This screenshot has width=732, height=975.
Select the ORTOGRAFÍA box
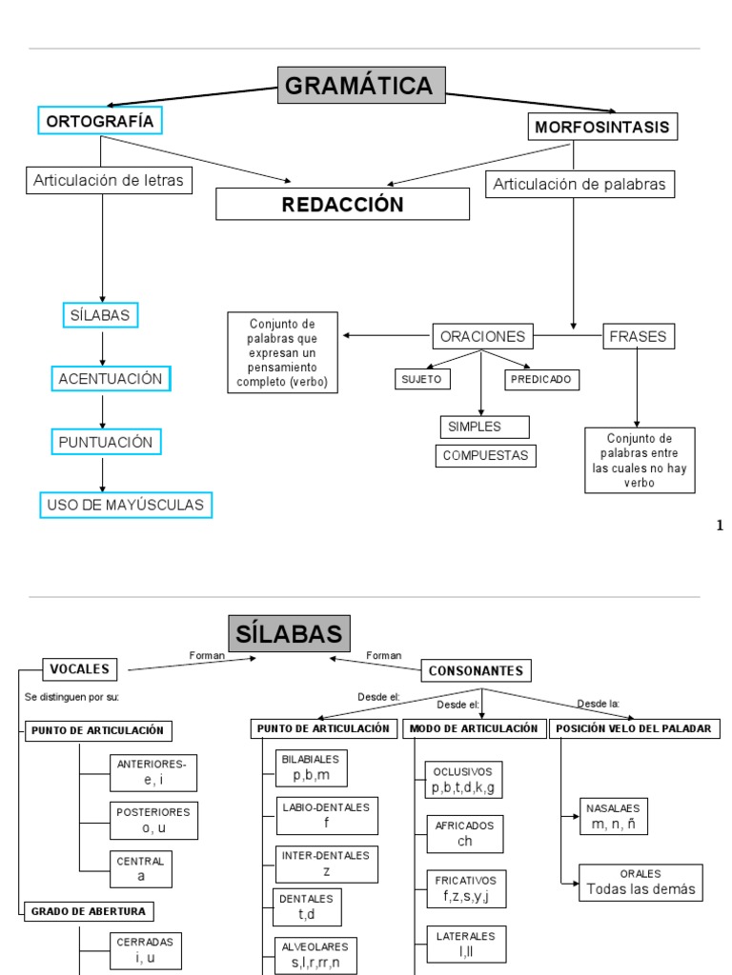(100, 121)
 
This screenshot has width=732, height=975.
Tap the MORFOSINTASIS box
(601, 127)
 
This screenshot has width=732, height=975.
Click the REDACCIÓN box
(342, 204)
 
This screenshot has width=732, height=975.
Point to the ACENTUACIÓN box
(111, 379)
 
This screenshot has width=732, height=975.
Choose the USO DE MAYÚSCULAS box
(125, 505)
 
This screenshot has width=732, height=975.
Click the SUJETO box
(422, 379)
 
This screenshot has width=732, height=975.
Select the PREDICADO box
(541, 379)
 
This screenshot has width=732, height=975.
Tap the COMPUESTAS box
(485, 456)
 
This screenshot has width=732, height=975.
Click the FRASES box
(639, 336)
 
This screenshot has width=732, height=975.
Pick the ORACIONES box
(482, 336)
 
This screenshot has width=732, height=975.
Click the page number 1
(720, 526)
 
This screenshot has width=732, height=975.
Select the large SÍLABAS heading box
(290, 635)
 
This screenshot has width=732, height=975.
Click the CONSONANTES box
(476, 671)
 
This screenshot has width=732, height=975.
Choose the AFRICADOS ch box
(464, 834)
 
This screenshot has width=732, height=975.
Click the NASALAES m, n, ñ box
(613, 816)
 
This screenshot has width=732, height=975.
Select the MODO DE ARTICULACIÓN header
(474, 728)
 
